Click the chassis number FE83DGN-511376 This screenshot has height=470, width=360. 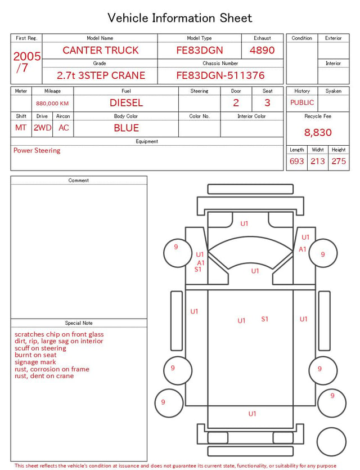(220, 75)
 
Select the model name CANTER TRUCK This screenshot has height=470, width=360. (101, 50)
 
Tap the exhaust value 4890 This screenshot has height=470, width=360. (262, 50)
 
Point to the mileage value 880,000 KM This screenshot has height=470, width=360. (52, 104)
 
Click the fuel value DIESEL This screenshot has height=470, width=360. (127, 103)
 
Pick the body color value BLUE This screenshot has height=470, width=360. (127, 128)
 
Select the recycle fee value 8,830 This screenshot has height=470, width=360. (318, 132)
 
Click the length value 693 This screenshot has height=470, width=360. (297, 161)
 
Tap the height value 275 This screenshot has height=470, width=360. (339, 161)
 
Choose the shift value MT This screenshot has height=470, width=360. (21, 128)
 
